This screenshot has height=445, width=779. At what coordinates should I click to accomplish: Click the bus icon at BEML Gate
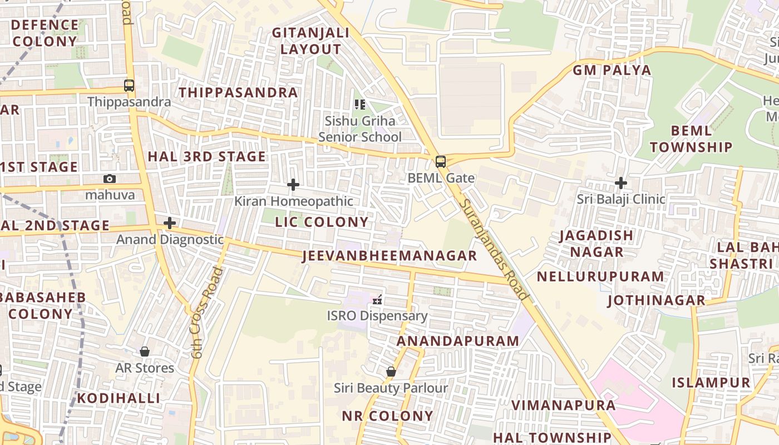tap(441, 162)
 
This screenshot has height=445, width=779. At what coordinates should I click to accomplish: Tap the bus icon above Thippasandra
tap(129, 86)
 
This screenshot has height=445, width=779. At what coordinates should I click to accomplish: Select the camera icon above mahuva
tap(110, 179)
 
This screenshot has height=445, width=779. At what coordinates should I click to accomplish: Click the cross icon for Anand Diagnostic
tap(170, 223)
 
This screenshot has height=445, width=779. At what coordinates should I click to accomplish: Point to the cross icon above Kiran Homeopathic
tap(293, 185)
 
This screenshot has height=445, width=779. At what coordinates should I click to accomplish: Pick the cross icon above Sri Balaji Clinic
tap(621, 182)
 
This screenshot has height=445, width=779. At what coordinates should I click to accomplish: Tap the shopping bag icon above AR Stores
tap(145, 352)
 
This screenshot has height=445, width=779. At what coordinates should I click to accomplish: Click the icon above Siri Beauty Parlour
tap(391, 371)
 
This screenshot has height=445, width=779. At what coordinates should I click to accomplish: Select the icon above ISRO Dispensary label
tap(377, 300)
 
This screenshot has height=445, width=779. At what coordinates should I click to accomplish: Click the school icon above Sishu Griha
tap(360, 104)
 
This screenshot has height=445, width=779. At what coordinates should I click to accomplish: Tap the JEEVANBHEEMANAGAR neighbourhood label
tap(389, 256)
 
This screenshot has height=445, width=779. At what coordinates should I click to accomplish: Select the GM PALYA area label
tap(612, 70)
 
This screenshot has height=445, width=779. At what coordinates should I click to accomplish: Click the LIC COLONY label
tap(322, 222)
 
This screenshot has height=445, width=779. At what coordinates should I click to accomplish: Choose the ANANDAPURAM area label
tap(458, 341)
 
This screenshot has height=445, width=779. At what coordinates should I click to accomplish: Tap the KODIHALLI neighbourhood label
tap(119, 398)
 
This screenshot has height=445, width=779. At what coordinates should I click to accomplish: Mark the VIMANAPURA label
tap(563, 405)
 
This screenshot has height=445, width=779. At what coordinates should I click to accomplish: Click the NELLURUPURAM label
tap(600, 276)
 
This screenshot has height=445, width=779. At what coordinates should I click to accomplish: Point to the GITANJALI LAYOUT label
tap(310, 41)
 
